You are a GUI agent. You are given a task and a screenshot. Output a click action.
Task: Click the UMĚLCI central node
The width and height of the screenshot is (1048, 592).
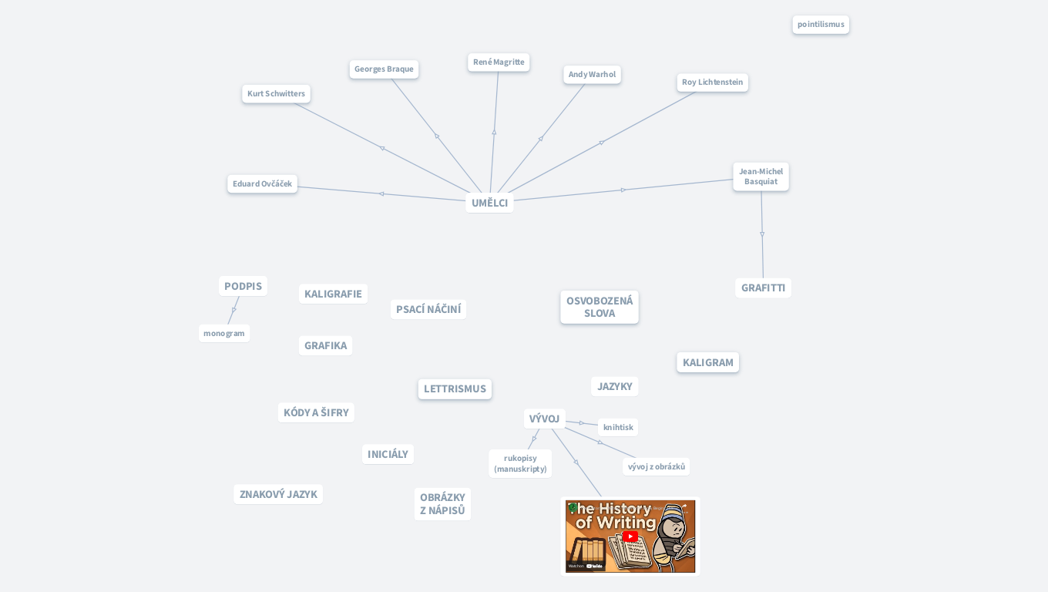pyautogui.click(x=489, y=203)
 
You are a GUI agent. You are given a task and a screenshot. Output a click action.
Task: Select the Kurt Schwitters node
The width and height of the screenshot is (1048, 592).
pyautogui.click(x=276, y=93)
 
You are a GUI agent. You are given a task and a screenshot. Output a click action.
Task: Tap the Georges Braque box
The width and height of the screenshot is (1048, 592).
pyautogui.click(x=384, y=69)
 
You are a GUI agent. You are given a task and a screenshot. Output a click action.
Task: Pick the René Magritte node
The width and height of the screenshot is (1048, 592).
pyautogui.click(x=499, y=62)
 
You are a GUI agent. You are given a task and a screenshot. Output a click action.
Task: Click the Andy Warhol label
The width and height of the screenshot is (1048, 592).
pyautogui.click(x=592, y=75)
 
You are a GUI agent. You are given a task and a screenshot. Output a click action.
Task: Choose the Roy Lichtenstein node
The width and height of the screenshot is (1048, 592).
pyautogui.click(x=712, y=82)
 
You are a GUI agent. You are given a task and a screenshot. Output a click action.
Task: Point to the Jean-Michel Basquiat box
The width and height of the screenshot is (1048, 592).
pyautogui.click(x=761, y=177)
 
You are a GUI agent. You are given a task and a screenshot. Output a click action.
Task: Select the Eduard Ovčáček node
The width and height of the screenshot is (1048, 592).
pyautogui.click(x=262, y=183)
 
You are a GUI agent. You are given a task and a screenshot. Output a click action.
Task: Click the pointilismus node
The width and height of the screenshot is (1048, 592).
pyautogui.click(x=821, y=25)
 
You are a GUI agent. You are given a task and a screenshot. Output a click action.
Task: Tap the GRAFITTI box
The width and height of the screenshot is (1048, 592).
pyautogui.click(x=763, y=288)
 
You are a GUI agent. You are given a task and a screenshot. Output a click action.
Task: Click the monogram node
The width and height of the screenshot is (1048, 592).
pyautogui.click(x=224, y=333)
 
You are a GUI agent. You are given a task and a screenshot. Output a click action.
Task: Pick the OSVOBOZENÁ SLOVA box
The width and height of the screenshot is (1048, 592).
pyautogui.click(x=600, y=307)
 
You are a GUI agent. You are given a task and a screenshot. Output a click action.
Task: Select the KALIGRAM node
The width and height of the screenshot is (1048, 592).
pyautogui.click(x=708, y=362)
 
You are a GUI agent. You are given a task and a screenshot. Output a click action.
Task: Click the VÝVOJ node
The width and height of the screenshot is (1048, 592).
pyautogui.click(x=544, y=419)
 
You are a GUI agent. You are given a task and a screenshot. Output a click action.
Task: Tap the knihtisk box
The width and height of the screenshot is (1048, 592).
pyautogui.click(x=618, y=427)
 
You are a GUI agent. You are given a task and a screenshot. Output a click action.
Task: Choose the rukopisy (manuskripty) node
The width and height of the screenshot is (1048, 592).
pyautogui.click(x=520, y=463)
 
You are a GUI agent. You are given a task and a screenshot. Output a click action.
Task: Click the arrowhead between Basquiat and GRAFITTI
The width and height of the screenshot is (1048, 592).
pyautogui.click(x=762, y=234)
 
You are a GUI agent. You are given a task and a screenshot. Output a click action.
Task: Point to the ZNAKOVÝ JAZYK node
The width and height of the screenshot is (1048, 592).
pyautogui.click(x=278, y=494)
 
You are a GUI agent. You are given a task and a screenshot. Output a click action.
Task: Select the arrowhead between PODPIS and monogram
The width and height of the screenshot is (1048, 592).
pyautogui.click(x=234, y=309)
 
